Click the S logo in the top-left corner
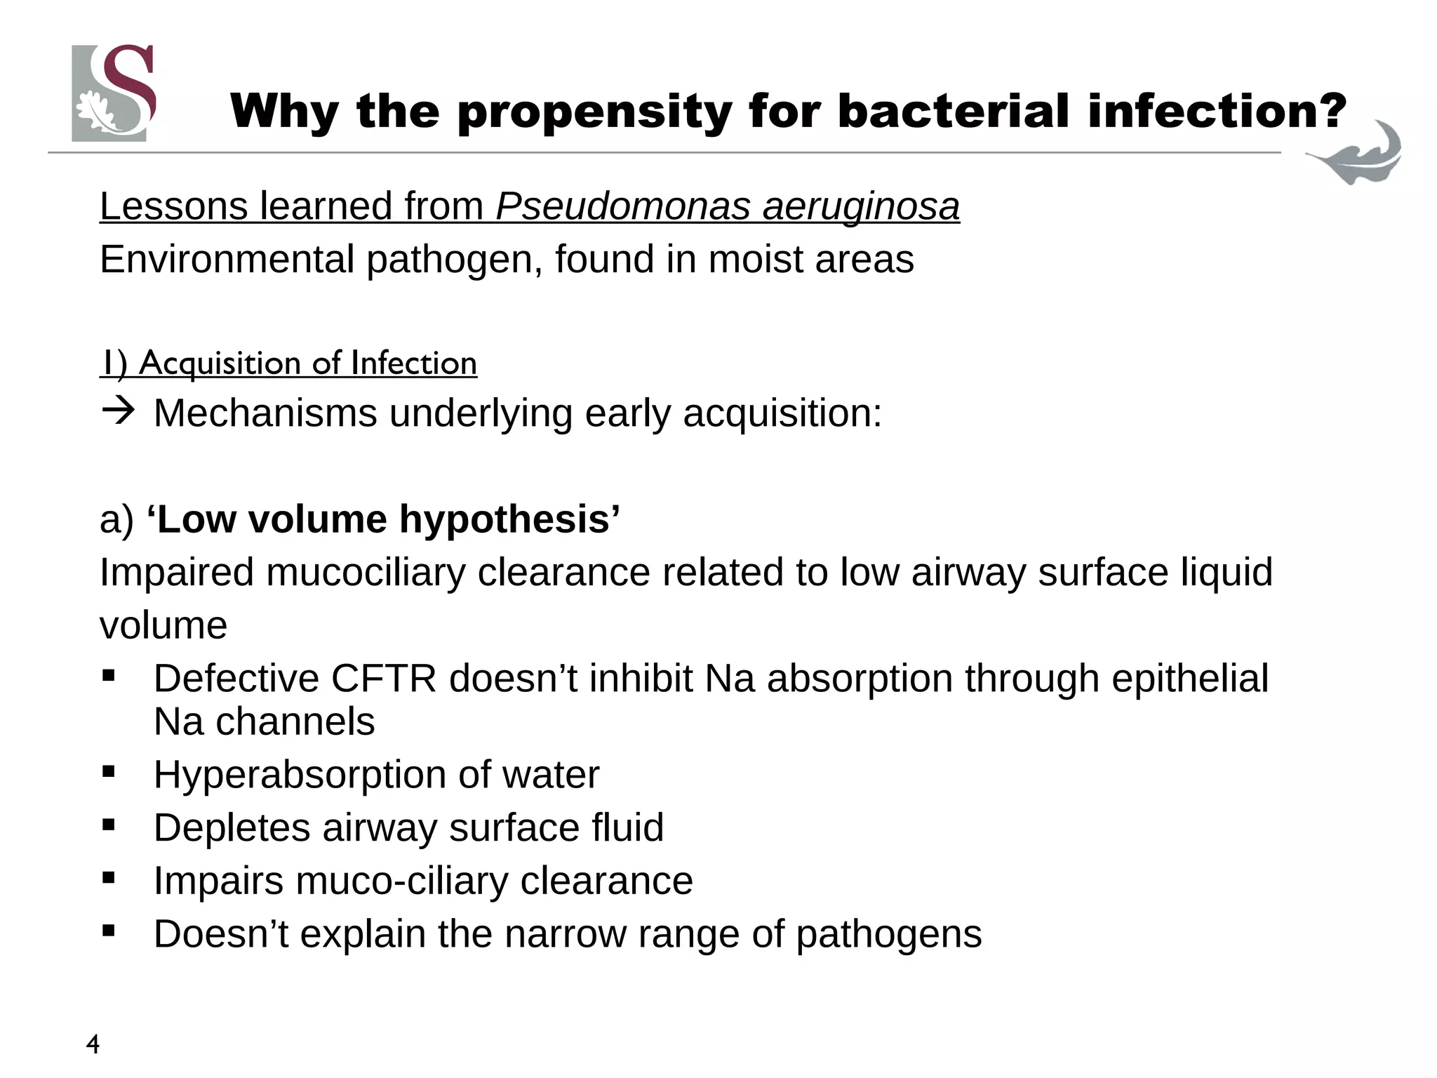pyautogui.click(x=112, y=93)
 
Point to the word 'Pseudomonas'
pyautogui.click(x=623, y=206)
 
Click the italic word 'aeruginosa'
pyautogui.click(x=861, y=206)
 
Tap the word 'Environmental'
pyautogui.click(x=227, y=259)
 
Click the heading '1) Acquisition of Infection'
pyautogui.click(x=288, y=364)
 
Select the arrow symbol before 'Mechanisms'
pyautogui.click(x=117, y=412)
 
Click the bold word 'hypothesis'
pyautogui.click(x=509, y=519)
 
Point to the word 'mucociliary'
pyautogui.click(x=365, y=572)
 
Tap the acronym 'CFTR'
pyautogui.click(x=383, y=679)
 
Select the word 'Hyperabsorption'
pyautogui.click(x=300, y=775)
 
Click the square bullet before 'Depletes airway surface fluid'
pyautogui.click(x=108, y=825)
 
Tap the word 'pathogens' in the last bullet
pyautogui.click(x=888, y=934)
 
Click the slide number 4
pyautogui.click(x=93, y=1045)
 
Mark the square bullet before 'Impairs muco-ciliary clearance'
pyautogui.click(x=108, y=877)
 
